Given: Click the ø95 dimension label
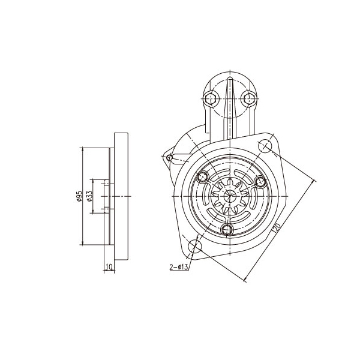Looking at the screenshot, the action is pos(79,196).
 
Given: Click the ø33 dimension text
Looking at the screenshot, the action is pos(89,196).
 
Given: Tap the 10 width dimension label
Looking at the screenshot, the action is pos(109,267).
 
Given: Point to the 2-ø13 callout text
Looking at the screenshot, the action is pos(179,267).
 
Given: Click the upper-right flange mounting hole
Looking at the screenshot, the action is pos(265,146).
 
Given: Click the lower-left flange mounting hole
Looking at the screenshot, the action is pos(194,247).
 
